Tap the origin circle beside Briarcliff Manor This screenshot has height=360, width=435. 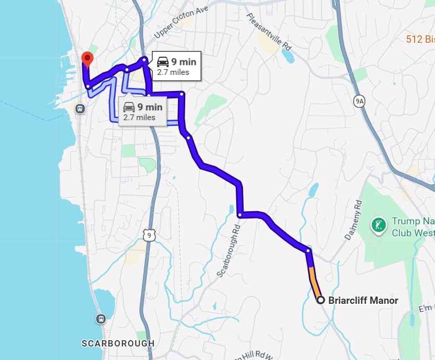click(321, 300)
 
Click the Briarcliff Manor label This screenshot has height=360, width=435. click(363, 300)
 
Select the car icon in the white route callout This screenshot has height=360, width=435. click(162, 62)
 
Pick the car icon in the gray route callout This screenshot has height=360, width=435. click(129, 107)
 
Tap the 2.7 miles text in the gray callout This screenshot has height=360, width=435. click(139, 118)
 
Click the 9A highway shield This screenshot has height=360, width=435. click(359, 101)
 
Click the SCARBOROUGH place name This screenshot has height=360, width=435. click(118, 343)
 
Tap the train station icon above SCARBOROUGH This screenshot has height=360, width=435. click(101, 318)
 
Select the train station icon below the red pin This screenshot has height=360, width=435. click(80, 109)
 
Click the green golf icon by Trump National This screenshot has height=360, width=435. click(379, 226)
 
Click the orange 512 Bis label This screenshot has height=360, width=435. click(420, 38)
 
